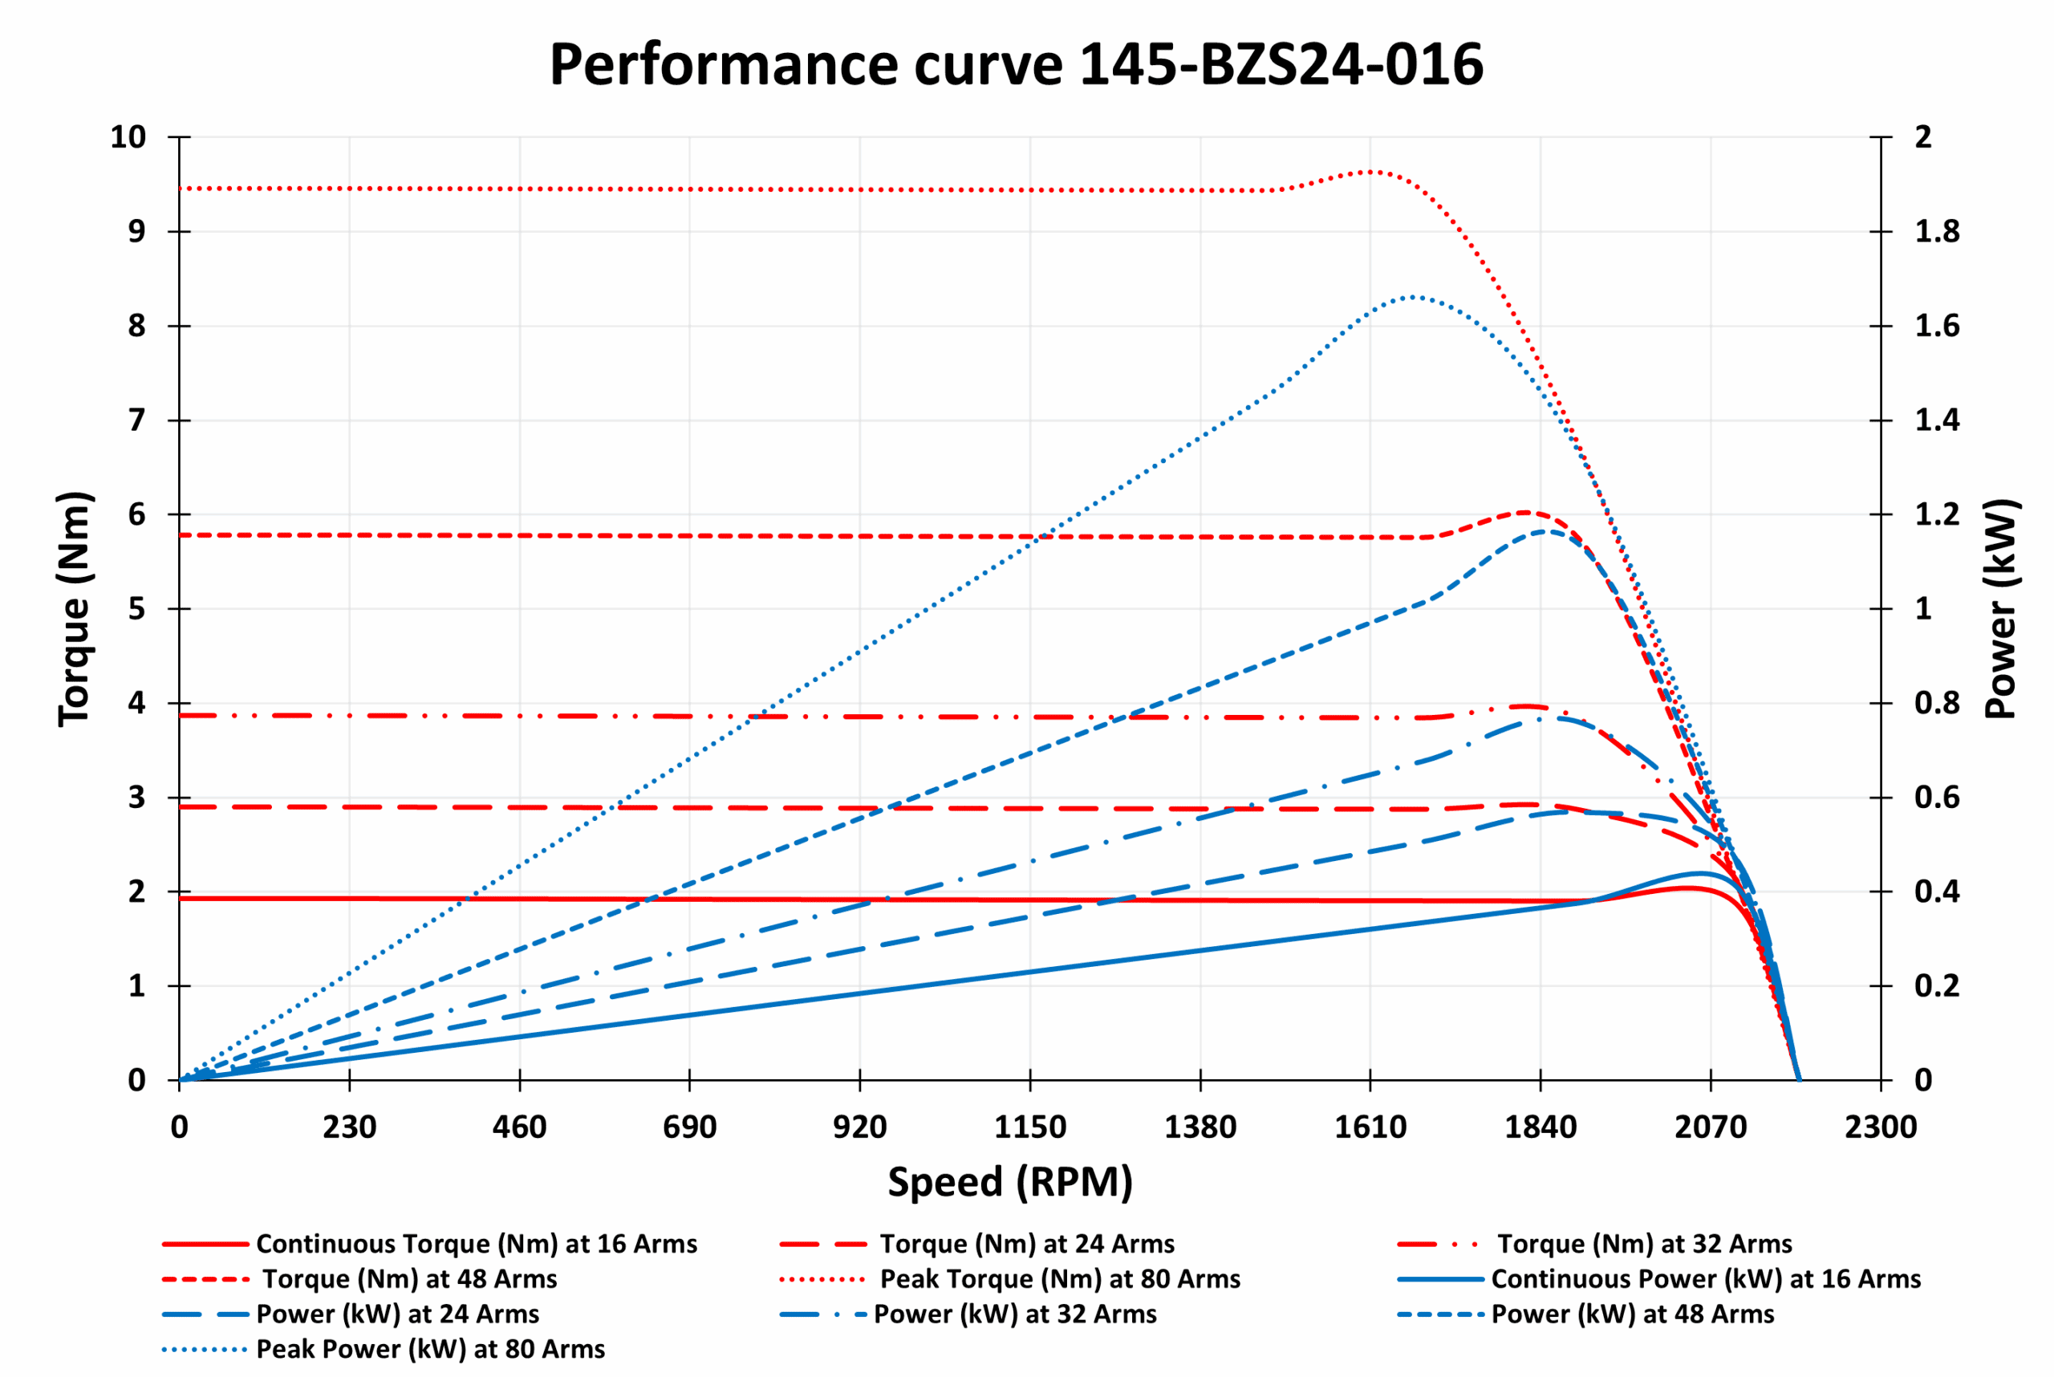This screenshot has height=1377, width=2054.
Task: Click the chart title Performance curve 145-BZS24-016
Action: (x=1016, y=65)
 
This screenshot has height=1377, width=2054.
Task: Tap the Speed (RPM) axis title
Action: (x=1010, y=1181)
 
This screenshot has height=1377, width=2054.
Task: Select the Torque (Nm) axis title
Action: (x=75, y=608)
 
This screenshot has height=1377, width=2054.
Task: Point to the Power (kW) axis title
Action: (x=2001, y=608)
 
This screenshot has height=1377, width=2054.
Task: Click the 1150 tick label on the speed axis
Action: (x=1029, y=1127)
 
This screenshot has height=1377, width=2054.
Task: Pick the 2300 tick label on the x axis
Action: (x=1880, y=1127)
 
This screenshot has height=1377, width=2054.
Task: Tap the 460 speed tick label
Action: (x=519, y=1127)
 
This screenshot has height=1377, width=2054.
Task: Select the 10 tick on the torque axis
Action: (x=128, y=137)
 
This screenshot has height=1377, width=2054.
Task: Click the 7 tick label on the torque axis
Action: (x=136, y=420)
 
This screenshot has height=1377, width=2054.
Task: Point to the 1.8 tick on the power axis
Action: (x=1936, y=232)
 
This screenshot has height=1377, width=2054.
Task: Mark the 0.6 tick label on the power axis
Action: (x=1936, y=798)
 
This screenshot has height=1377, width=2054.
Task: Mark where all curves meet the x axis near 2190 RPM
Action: (x=1799, y=1079)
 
